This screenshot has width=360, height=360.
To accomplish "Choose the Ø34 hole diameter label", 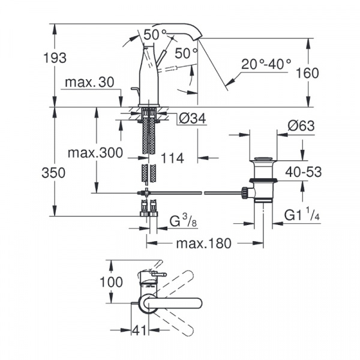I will pos(192,119).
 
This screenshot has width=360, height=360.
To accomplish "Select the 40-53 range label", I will pos(303,172).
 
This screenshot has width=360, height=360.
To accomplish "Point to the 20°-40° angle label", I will pos(266,64).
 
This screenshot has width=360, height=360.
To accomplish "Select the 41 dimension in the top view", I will pos(139,329).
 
